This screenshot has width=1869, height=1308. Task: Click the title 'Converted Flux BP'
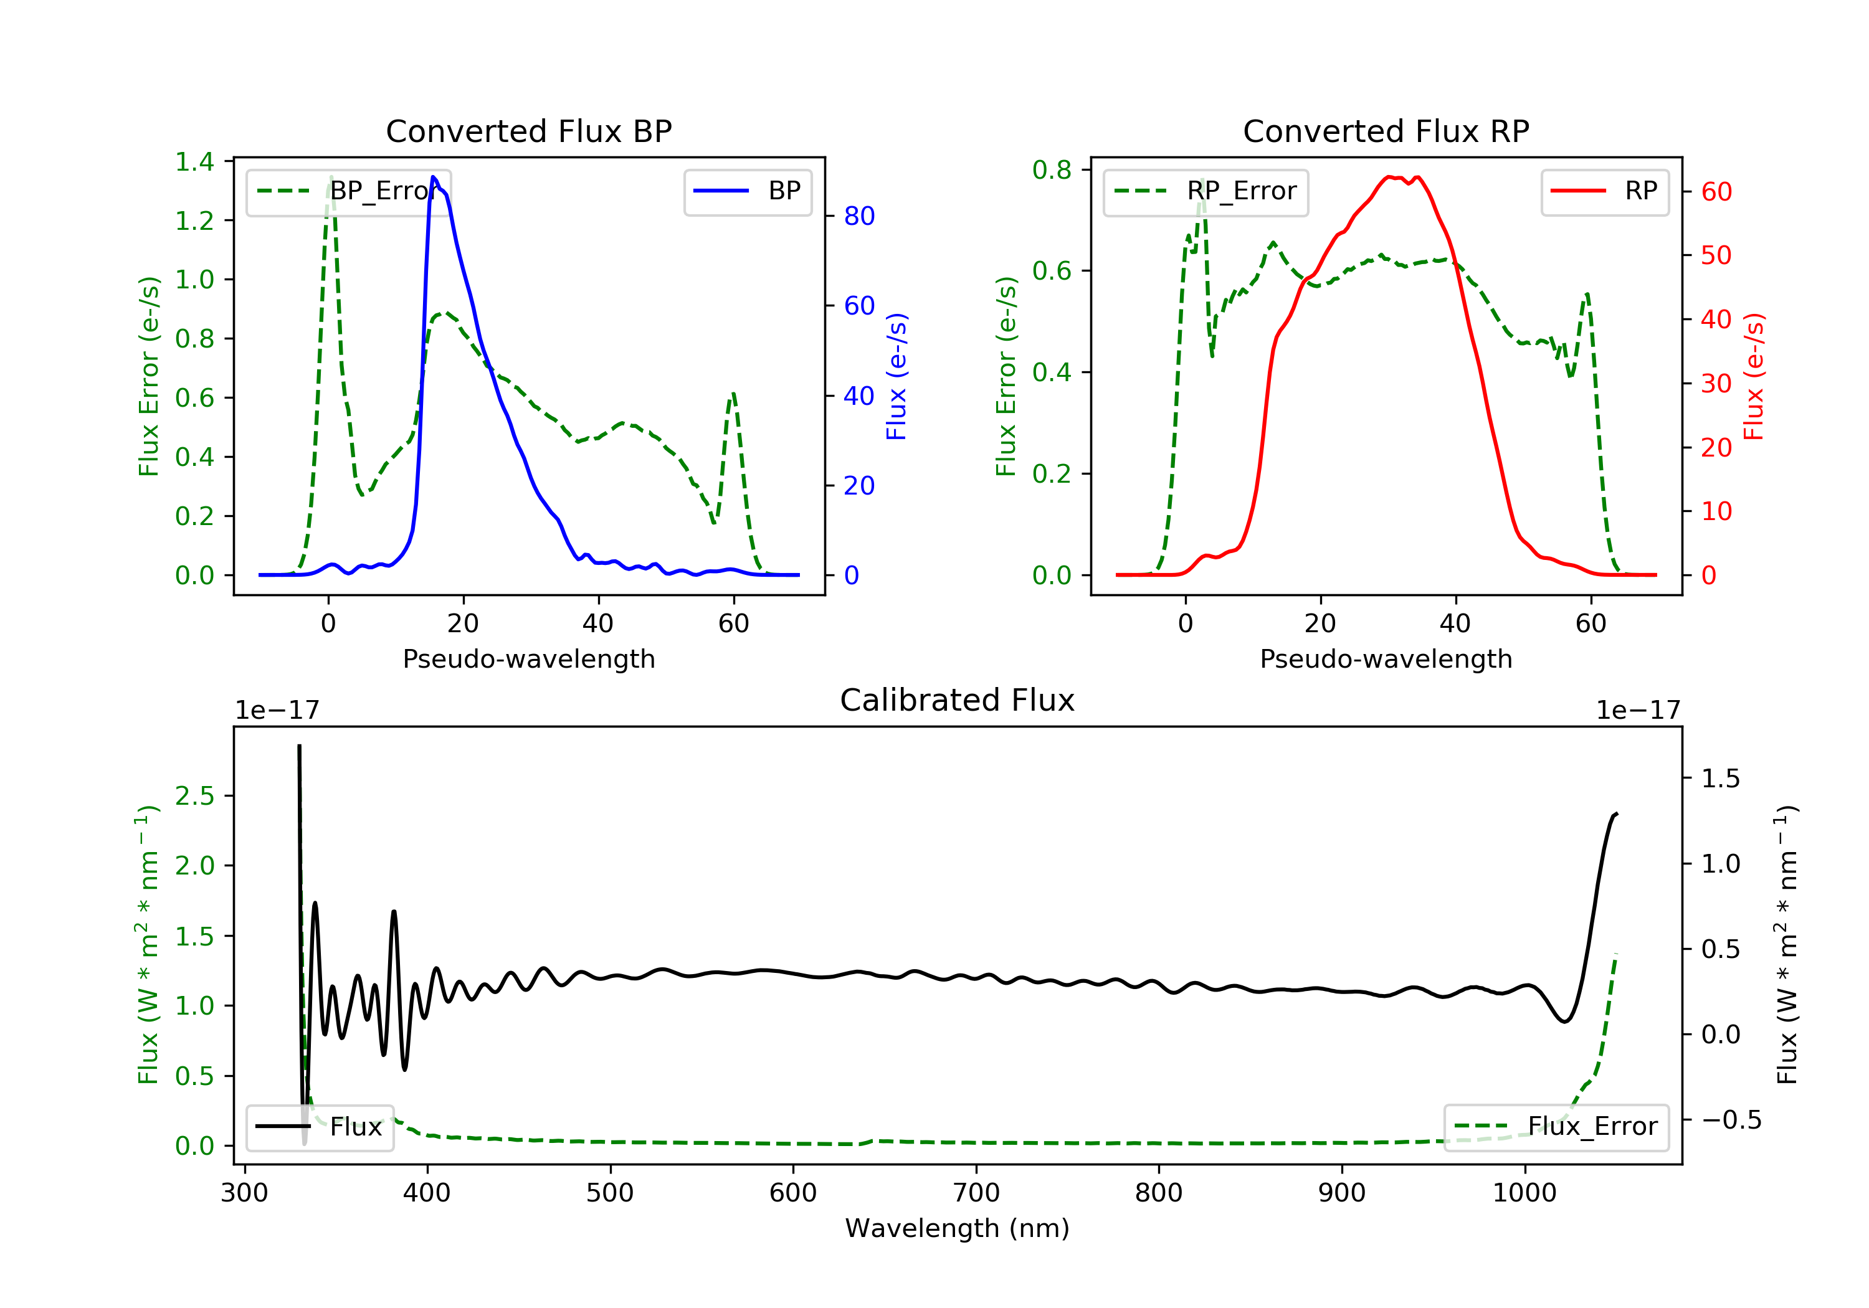528,131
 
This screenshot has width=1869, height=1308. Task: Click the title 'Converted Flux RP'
1386,131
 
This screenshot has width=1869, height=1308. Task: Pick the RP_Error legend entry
1206,191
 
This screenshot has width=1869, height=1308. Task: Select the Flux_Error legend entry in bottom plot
1556,1127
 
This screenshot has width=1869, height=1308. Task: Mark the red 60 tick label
1716,192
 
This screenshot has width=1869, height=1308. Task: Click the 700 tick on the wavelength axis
976,1193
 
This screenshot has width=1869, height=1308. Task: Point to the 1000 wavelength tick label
1524,1193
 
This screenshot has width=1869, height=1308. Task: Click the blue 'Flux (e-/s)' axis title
896,376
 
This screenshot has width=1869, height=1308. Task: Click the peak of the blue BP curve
434,177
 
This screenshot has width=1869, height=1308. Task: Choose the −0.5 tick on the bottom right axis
1731,1120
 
